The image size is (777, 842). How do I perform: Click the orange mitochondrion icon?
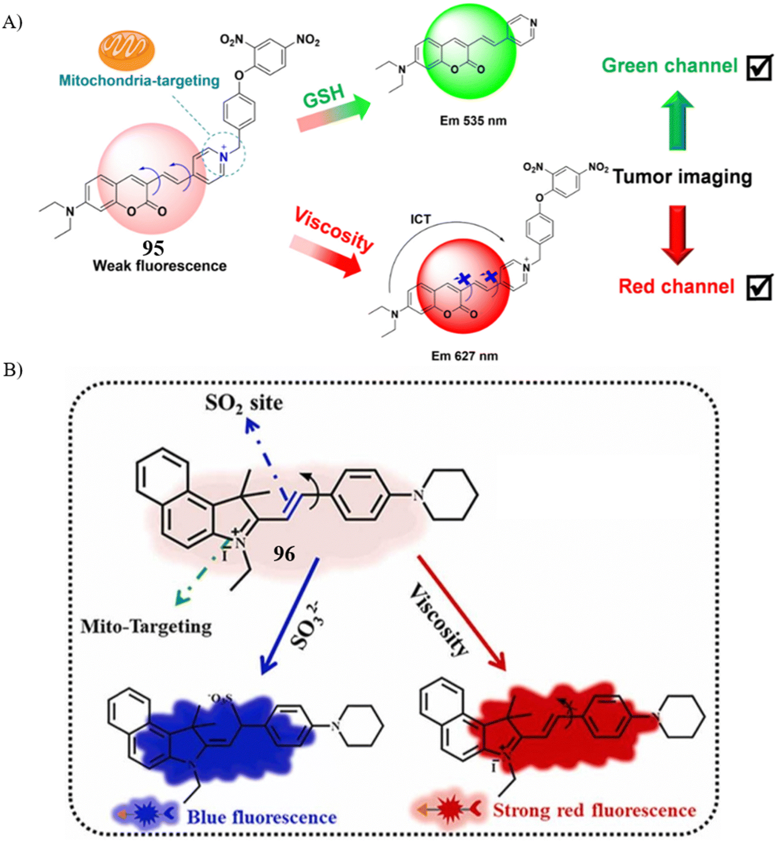click(127, 50)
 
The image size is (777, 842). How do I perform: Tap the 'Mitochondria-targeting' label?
click(139, 81)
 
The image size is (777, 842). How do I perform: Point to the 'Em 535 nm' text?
click(473, 121)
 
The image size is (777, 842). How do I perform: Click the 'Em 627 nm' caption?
click(464, 356)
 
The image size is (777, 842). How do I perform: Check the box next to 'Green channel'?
click(759, 67)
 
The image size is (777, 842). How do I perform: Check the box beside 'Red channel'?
click(759, 287)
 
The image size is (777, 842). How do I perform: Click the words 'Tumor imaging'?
click(682, 177)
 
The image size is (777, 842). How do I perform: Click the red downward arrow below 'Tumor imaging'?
click(677, 235)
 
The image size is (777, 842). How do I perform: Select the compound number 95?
click(153, 248)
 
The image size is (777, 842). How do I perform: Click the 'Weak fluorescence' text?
click(159, 266)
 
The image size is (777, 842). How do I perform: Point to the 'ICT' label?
click(421, 219)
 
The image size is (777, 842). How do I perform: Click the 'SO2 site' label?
click(244, 404)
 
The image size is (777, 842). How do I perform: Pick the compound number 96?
click(284, 554)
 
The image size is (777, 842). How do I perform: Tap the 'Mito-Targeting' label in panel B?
click(146, 627)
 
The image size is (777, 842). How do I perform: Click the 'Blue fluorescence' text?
click(262, 817)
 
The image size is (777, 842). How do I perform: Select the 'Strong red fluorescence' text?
click(594, 810)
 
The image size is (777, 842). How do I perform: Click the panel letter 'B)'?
click(13, 370)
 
